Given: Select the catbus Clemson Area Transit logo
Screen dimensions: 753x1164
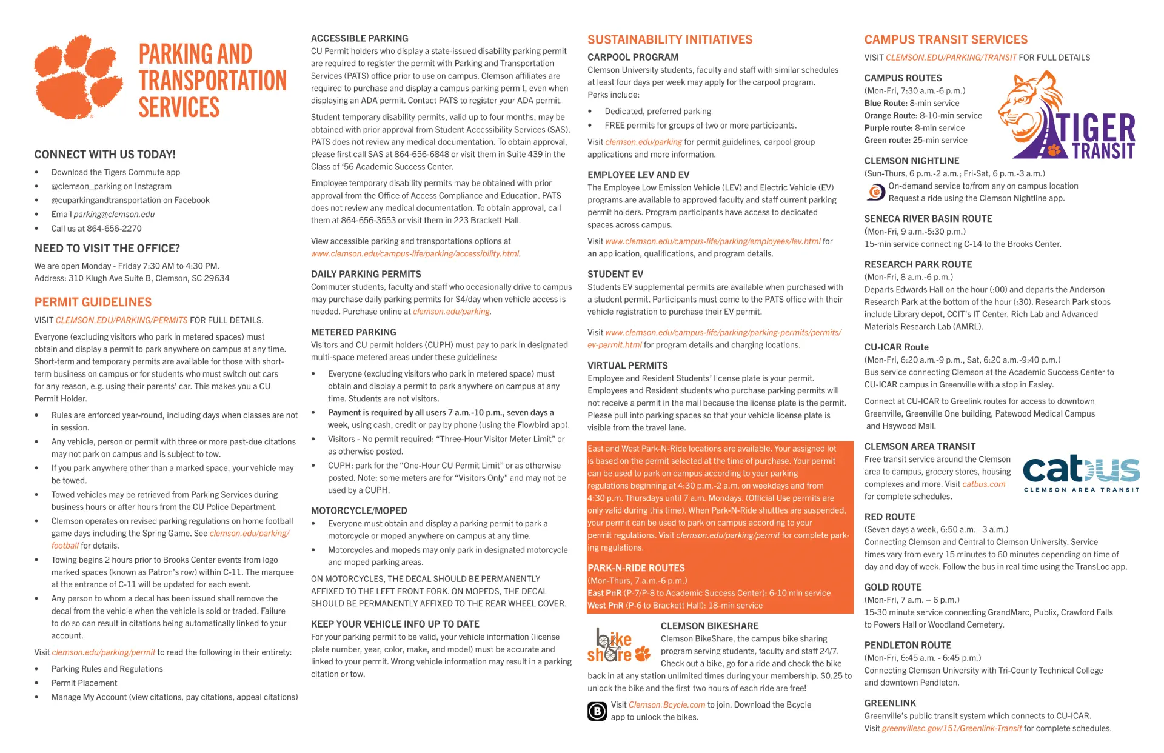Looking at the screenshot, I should (x=1082, y=473).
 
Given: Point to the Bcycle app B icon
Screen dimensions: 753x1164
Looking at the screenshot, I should (x=597, y=711).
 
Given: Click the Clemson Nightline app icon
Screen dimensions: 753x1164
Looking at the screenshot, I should (x=874, y=192).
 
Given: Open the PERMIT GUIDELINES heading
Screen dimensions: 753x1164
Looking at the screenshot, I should (x=93, y=302).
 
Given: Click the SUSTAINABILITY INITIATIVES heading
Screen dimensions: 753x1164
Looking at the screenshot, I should (x=669, y=39).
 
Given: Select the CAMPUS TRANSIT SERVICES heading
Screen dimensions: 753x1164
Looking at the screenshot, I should (x=945, y=39).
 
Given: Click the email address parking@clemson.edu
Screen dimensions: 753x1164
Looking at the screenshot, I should (x=114, y=214).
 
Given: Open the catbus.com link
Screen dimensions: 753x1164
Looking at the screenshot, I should (x=983, y=484).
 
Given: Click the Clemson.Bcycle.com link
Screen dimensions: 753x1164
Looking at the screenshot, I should (x=666, y=704).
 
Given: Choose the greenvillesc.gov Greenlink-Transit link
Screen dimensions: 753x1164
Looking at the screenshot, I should (x=951, y=728).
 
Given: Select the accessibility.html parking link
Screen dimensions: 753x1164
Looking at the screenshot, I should (x=415, y=253).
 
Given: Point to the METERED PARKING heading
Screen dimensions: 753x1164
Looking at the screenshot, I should (x=353, y=332).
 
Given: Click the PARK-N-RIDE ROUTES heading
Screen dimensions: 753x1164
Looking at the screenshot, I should (x=636, y=568).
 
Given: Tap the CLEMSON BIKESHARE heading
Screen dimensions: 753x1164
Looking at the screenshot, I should (x=709, y=626).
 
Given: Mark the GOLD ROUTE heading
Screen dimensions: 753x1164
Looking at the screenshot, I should (x=892, y=587).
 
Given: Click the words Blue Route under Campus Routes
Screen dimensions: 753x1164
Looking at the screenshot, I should (x=885, y=103).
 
